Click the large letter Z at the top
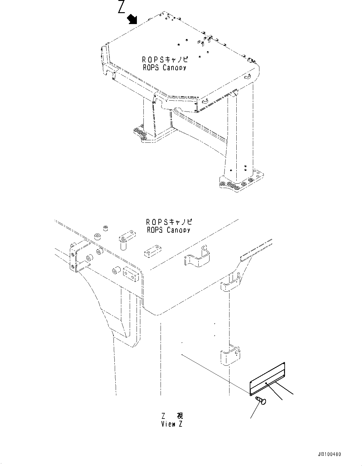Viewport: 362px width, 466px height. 122,7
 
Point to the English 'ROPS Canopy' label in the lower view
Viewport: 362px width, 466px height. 168,230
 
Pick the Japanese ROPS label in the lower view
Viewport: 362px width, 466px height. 169,222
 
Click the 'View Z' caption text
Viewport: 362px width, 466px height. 172,424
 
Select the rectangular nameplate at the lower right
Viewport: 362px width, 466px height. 268,379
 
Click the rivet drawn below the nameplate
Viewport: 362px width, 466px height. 260,400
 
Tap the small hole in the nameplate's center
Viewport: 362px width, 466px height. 265,383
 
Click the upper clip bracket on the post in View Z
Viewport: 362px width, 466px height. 230,283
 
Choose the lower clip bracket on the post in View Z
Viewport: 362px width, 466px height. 230,356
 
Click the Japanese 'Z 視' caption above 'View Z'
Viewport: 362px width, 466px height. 172,416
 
